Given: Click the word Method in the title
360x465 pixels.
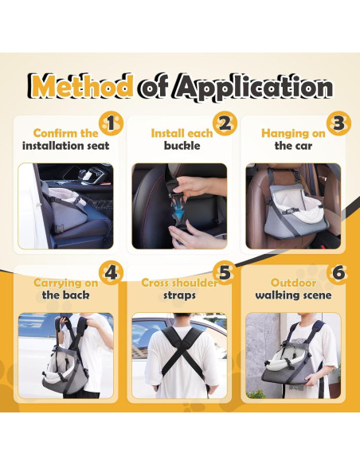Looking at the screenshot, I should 81,86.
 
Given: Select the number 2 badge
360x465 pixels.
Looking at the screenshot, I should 225,124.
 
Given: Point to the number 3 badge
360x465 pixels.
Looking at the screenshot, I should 339,124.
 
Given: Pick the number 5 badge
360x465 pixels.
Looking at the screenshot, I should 225,273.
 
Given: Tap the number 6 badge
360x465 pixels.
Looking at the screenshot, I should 339,273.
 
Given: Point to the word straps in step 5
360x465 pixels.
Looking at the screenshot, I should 179,295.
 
